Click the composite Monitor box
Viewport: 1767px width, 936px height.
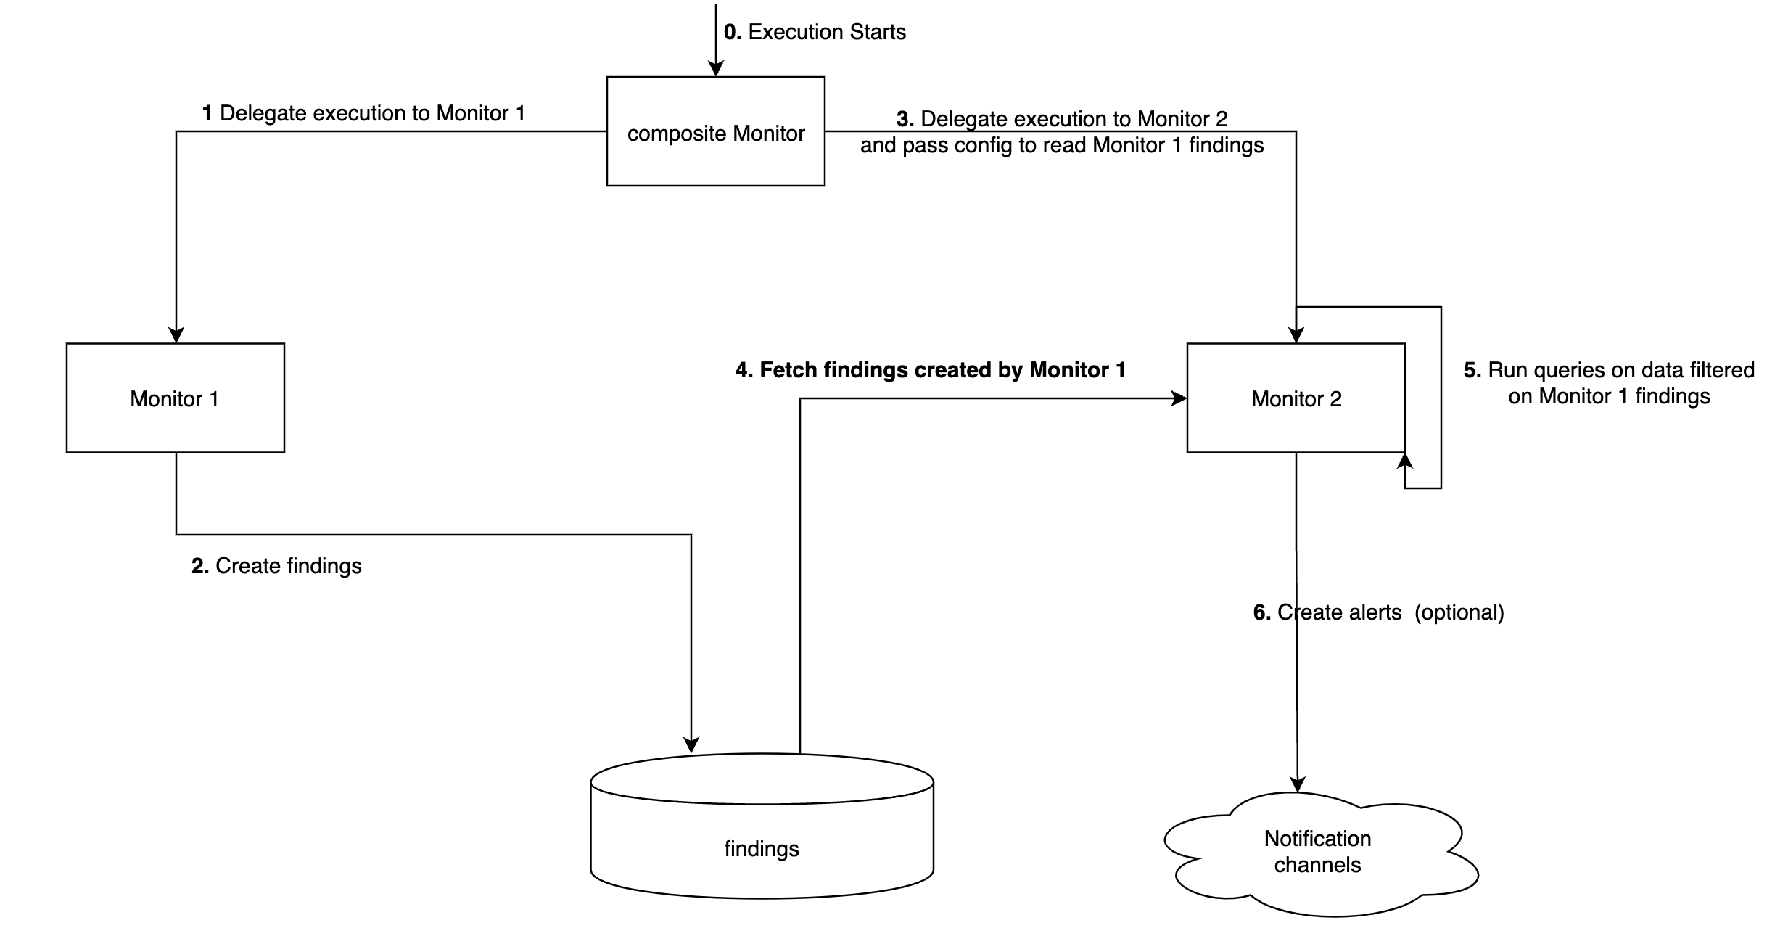point(715,131)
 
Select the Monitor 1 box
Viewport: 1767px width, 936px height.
point(175,398)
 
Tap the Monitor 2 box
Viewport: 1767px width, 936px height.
point(1296,398)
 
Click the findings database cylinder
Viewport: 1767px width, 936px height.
point(762,834)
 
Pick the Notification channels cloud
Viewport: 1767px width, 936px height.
point(1317,852)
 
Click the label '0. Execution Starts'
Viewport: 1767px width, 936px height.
point(815,32)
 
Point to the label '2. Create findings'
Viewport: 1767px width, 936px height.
point(276,566)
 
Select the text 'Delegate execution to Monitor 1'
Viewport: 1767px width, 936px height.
point(372,113)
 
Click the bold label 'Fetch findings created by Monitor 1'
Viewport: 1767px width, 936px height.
point(942,370)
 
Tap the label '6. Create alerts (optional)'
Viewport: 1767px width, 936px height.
point(1378,612)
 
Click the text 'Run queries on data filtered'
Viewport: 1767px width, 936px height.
point(1620,370)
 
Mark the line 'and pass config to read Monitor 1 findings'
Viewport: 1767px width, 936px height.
point(1061,145)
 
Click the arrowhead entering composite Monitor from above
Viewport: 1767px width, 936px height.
point(716,68)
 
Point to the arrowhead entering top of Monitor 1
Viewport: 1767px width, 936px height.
point(176,334)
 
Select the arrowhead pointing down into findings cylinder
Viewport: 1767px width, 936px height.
point(691,745)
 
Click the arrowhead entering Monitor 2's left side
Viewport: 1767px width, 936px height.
point(1178,398)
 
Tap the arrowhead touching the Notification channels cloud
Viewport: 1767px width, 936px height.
point(1297,784)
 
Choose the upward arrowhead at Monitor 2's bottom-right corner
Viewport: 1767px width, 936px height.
point(1405,461)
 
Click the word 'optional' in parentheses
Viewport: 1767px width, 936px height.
point(1459,612)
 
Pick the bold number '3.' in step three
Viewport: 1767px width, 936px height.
point(905,119)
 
